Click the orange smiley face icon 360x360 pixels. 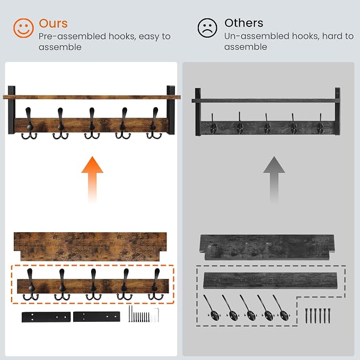click(23, 28)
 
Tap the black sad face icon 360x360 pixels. click(207, 28)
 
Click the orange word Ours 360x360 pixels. click(53, 23)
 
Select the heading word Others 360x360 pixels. click(244, 23)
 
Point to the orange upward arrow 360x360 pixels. click(92, 179)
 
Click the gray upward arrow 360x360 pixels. click(274, 179)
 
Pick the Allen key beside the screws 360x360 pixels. click(157, 314)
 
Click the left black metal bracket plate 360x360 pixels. click(46, 317)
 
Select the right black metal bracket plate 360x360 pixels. click(96, 317)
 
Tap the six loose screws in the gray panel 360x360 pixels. click(318, 315)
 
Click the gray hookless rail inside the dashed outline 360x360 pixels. click(270, 281)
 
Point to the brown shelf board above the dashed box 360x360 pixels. click(90, 247)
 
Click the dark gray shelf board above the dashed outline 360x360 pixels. click(267, 247)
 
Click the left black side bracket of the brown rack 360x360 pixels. click(12, 110)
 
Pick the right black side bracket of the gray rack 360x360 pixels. click(338, 111)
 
